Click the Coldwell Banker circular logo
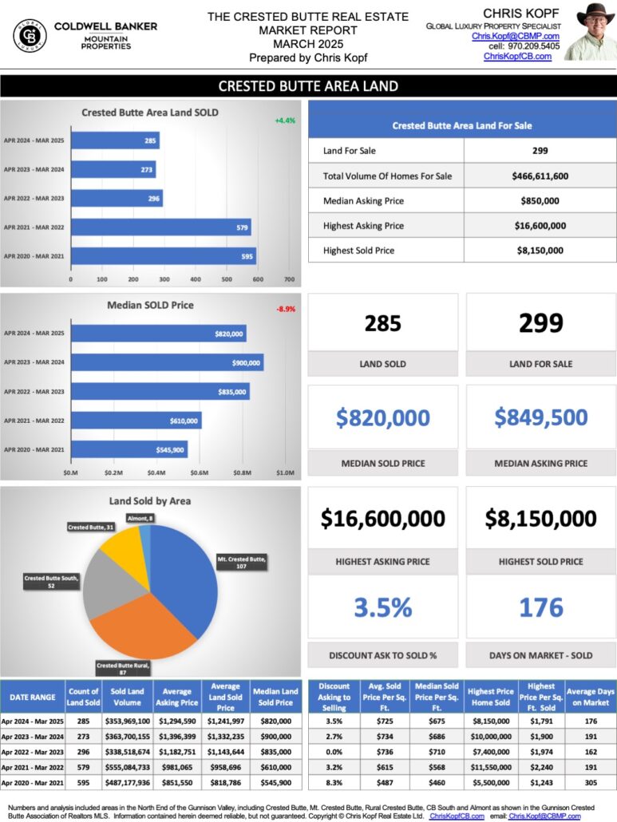[x=30, y=35]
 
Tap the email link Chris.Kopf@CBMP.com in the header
[x=516, y=36]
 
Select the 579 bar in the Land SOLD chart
[x=160, y=227]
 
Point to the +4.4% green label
[x=285, y=121]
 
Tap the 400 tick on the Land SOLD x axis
[x=196, y=280]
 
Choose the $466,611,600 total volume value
[x=540, y=176]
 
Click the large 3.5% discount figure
[x=383, y=608]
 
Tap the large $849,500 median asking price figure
[x=541, y=417]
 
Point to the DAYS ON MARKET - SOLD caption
[x=541, y=655]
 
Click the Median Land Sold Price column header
[x=275, y=697]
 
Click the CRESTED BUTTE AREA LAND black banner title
[x=308, y=86]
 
